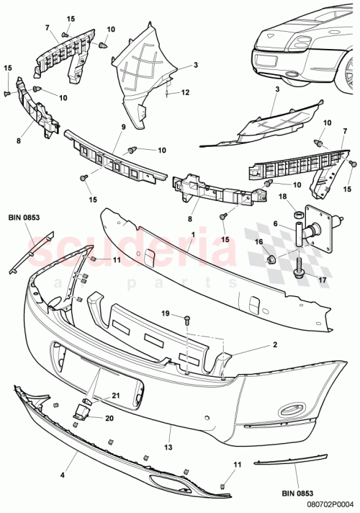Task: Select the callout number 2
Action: (x=255, y=345)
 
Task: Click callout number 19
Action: (x=165, y=313)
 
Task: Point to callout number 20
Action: (x=110, y=418)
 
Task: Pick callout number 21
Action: (x=115, y=396)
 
